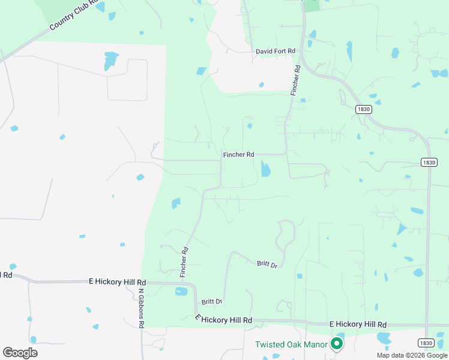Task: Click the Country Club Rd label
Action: [74, 16]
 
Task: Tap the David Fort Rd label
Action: [275, 52]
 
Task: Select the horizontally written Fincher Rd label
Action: [238, 155]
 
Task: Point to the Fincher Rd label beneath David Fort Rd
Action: [295, 80]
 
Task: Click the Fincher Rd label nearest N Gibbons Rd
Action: [184, 262]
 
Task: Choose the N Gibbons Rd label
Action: [142, 308]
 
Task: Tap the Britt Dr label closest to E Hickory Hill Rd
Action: [212, 302]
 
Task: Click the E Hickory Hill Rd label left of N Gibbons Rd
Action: [117, 281]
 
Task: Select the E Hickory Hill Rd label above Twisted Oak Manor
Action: [358, 325]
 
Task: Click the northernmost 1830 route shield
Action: [363, 109]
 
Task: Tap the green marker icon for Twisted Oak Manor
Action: [337, 344]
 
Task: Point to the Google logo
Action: [20, 353]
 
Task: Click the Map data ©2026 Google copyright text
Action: [412, 355]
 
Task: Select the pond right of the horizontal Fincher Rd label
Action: [265, 170]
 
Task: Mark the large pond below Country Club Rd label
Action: [110, 61]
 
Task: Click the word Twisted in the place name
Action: [269, 344]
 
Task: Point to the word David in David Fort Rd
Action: [265, 52]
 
